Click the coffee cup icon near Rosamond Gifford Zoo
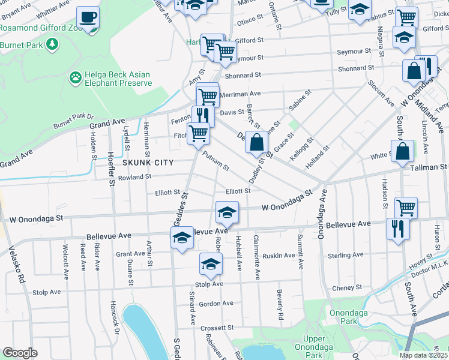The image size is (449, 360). point(88,17)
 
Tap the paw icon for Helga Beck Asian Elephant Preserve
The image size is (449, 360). point(76,77)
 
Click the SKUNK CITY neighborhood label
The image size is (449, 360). point(148,163)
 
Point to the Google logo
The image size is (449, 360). point(19,353)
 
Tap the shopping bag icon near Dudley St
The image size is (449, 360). point(257,143)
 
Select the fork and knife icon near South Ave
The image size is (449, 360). point(397,229)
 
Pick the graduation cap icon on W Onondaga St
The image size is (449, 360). point(226,212)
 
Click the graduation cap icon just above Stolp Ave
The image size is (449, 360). point(211,263)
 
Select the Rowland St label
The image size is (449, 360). point(135,177)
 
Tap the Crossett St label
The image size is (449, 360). point(217,328)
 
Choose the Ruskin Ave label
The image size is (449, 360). point(279,255)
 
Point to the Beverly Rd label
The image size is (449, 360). point(280,304)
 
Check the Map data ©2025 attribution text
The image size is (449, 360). point(423,355)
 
